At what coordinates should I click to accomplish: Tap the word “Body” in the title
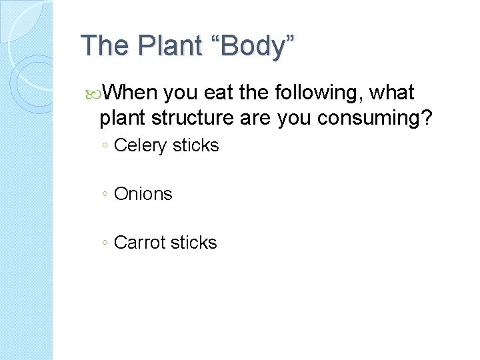(253, 46)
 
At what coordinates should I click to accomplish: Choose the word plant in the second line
(123, 118)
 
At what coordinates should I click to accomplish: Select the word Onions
(143, 194)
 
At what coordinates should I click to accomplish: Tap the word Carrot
(138, 242)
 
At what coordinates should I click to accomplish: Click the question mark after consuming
(427, 118)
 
